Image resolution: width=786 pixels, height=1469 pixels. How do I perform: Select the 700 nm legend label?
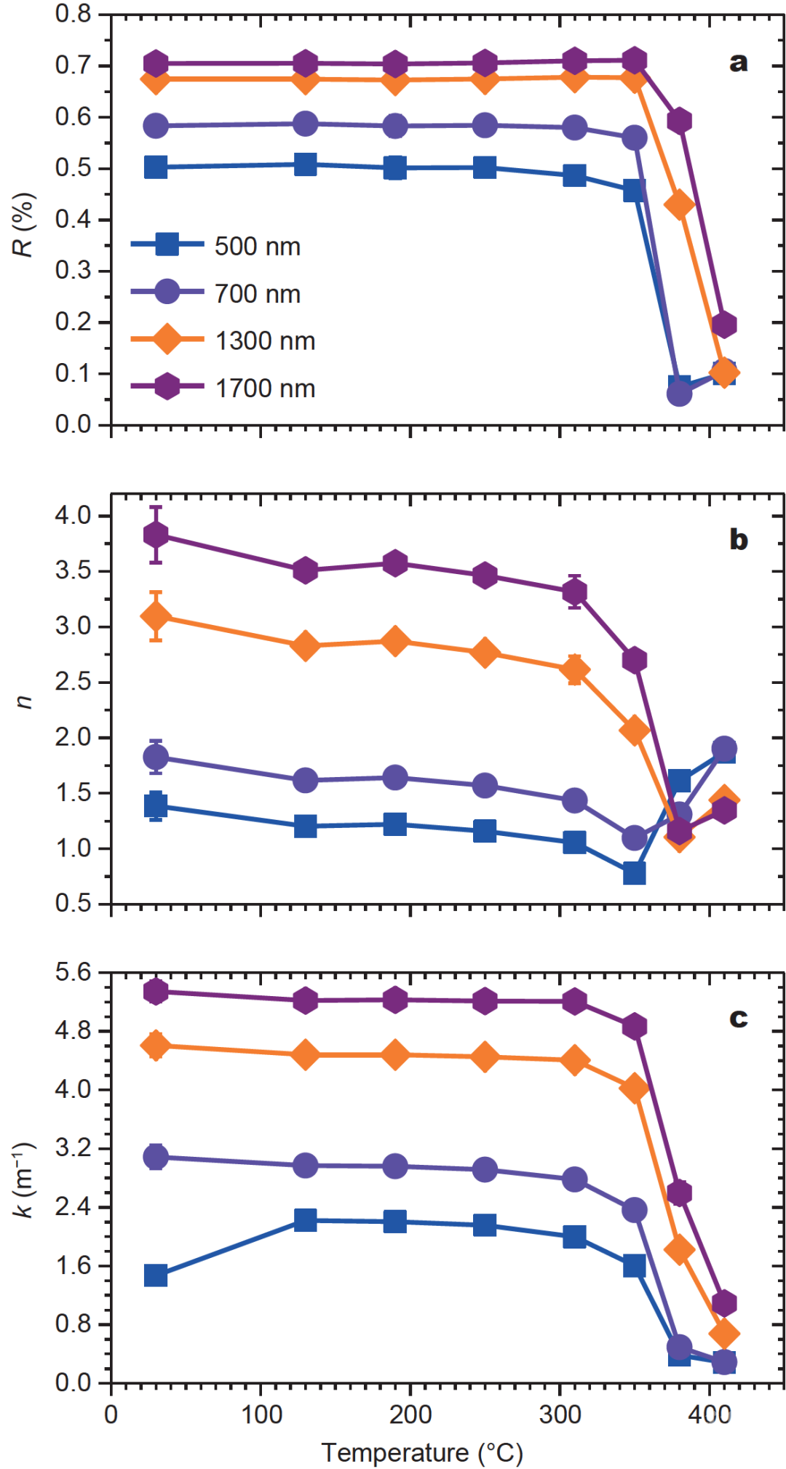coord(257,294)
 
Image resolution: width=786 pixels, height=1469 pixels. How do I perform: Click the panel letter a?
coord(738,63)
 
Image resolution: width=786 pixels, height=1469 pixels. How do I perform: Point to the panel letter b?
coord(738,540)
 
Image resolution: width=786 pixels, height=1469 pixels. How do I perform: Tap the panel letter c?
coord(738,1018)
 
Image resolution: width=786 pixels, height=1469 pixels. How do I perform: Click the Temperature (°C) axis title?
coord(422,1452)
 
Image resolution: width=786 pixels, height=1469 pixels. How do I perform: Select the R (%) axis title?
coord(23,225)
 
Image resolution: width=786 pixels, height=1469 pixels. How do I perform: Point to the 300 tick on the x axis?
coord(560,1414)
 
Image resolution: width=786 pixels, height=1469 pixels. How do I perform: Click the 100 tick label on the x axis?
coord(261,1414)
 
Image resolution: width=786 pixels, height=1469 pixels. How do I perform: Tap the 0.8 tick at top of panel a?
coord(73,14)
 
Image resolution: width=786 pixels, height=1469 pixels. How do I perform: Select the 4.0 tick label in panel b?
coord(73,516)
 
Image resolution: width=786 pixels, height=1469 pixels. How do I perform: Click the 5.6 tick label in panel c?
coord(73,973)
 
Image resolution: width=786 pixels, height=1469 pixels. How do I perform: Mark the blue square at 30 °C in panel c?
coord(156,1275)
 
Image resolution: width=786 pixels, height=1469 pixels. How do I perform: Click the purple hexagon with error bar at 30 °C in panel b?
coord(156,535)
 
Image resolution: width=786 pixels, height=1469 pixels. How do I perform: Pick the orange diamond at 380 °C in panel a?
coord(679,205)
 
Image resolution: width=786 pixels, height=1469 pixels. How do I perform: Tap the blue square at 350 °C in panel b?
coord(635,873)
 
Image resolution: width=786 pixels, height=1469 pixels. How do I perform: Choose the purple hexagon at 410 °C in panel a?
coord(723,325)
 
